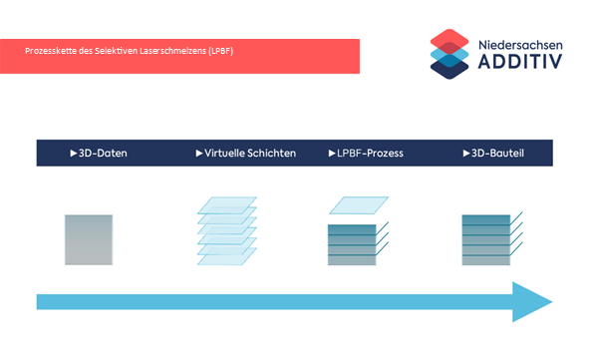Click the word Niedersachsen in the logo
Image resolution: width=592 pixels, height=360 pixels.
520,45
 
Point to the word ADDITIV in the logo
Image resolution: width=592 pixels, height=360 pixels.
520,62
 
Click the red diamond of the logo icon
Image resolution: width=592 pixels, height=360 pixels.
449,41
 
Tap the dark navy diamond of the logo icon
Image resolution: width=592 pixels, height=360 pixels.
449,69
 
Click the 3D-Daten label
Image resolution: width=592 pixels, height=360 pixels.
103,153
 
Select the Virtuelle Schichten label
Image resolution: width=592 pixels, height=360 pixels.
250,153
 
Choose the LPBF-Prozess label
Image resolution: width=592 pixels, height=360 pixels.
370,153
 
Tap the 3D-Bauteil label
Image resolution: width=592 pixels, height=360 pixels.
497,153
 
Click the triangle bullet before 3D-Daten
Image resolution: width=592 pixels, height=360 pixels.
74,153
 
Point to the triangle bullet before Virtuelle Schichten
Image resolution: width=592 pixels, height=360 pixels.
199,153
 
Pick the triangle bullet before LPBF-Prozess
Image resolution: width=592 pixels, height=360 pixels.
332,153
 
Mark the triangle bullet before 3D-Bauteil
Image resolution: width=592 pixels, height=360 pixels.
466,153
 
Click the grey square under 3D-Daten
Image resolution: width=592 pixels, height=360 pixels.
89,240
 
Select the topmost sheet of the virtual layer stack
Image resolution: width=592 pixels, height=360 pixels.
227,205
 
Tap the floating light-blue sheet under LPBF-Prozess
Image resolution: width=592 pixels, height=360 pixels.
359,205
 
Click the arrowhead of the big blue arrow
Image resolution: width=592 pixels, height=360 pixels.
530,302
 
